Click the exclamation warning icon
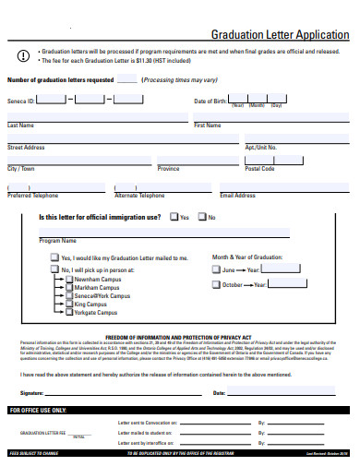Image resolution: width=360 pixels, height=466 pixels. click(22, 57)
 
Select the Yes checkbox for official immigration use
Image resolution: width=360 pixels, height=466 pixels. click(174, 218)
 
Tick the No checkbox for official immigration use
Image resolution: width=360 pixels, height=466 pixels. click(203, 218)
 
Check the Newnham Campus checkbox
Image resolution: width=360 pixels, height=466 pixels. click(69, 279)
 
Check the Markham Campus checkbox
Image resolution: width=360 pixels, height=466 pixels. click(69, 287)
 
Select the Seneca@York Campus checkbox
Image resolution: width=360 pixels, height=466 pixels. click(69, 295)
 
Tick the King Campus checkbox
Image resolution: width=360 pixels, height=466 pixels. click(69, 304)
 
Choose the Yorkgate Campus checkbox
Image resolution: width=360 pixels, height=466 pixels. click(69, 312)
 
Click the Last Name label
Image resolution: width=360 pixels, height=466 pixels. click(20, 125)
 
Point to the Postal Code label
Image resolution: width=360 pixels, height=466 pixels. click(259, 169)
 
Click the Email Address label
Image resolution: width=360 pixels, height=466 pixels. click(237, 196)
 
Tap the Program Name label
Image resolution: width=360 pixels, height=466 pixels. click(57, 241)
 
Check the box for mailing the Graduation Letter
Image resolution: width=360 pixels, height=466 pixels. click(54, 257)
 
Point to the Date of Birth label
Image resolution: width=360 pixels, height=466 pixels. click(210, 100)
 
